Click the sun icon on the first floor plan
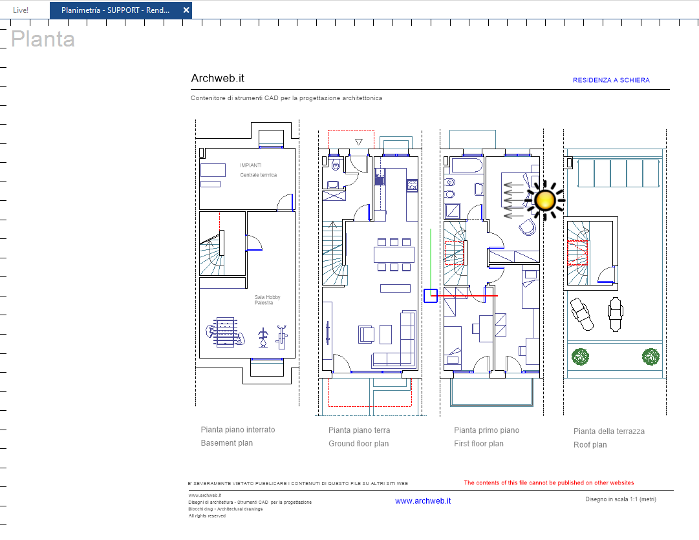545,201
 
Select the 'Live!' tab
21,10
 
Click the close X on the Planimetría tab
186,10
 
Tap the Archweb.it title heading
217,79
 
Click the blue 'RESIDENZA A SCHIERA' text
611,80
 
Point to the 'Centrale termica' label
258,175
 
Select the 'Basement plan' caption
226,443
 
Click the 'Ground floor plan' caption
358,444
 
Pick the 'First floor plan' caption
479,443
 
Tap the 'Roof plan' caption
590,445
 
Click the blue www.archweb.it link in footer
422,501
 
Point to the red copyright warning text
548,483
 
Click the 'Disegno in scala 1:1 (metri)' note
620,499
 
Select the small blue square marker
431,296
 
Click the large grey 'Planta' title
43,39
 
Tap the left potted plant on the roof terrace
581,356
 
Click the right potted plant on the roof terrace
651,356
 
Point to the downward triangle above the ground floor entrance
360,141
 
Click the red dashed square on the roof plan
577,253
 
